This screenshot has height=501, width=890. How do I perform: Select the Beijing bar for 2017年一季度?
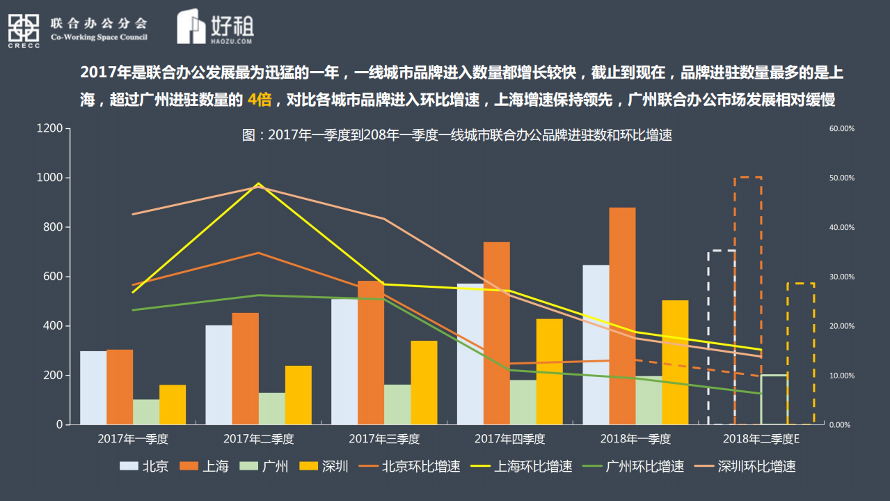[93, 387]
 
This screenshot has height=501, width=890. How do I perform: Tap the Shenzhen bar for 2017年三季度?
[424, 383]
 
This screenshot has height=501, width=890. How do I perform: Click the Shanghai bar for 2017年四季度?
[497, 333]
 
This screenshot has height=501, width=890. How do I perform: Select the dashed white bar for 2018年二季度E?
[722, 337]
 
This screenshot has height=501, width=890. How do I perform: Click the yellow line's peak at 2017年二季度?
[259, 184]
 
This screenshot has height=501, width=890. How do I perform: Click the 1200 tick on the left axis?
[49, 129]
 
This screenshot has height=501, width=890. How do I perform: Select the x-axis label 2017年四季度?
[509, 439]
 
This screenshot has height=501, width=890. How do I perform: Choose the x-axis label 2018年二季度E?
[761, 439]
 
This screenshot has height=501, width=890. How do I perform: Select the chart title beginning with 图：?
[456, 135]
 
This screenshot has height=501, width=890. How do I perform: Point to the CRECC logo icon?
[24, 30]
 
